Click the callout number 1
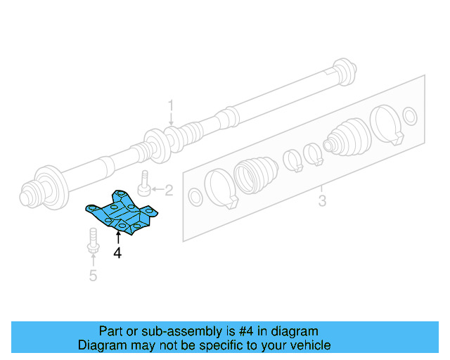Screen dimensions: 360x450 tap(170, 106)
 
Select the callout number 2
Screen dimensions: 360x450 tap(168, 190)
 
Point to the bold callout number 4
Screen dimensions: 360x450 tap(117, 253)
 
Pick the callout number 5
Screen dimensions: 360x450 tap(94, 275)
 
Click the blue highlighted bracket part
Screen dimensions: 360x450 tap(122, 211)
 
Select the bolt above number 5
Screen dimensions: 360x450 tap(92, 240)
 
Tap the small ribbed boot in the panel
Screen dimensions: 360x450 tap(346, 137)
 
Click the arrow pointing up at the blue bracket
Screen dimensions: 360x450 tap(117, 236)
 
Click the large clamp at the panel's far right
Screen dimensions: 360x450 tap(387, 125)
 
